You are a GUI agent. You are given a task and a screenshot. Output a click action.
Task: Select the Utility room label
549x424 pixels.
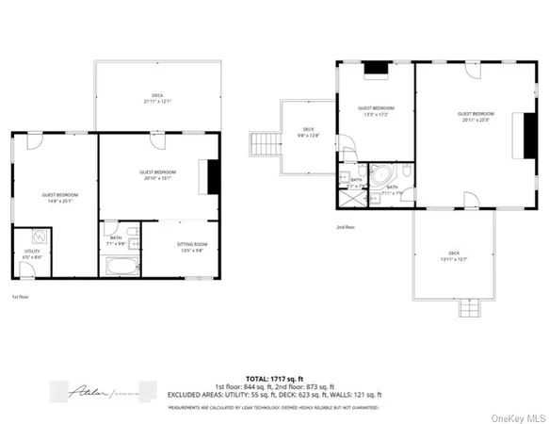32,253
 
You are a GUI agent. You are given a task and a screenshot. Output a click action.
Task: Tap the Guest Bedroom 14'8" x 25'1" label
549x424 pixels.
59,198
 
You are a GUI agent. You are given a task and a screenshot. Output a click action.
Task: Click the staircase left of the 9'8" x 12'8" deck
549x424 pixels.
263,144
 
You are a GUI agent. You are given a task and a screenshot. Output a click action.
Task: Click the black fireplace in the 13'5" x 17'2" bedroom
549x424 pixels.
376,67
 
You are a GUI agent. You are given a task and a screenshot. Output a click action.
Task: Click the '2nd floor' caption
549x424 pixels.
346,227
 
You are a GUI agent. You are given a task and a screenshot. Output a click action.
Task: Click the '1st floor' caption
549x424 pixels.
21,297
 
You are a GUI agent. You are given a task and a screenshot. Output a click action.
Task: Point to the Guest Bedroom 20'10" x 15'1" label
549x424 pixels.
158,175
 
